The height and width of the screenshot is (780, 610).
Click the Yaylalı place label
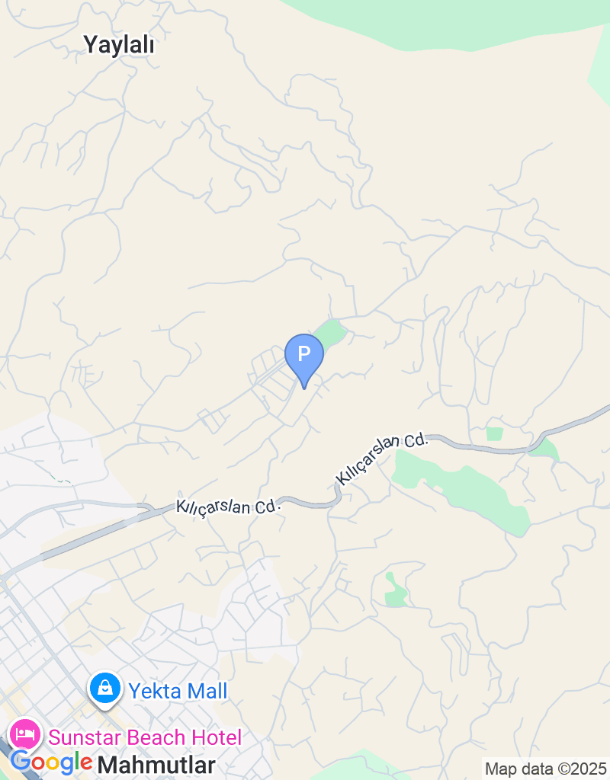pos(120,46)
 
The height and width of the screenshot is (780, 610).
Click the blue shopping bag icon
pos(105,689)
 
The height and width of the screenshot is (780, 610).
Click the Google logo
pos(52,762)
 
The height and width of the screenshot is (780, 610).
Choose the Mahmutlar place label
pos(156,764)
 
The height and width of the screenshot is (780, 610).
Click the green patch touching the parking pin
pos(331,331)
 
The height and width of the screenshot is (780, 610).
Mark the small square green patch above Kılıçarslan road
pos(495,433)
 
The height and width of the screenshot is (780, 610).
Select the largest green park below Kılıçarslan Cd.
pos(465,487)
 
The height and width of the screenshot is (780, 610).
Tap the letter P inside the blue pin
pos(304,353)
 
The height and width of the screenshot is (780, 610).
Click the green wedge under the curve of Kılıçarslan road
pos(544,449)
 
